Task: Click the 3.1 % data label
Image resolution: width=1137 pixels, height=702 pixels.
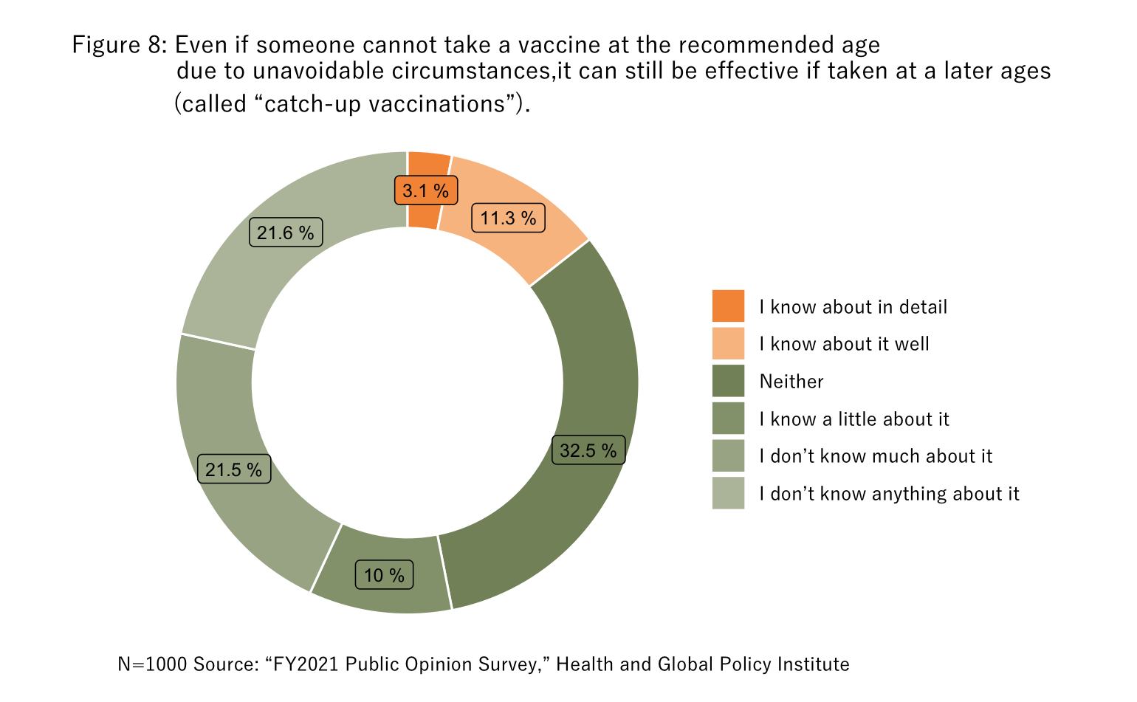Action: tap(426, 190)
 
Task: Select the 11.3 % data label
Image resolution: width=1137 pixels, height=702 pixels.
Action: tap(508, 218)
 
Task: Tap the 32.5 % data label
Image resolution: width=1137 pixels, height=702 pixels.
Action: tap(588, 450)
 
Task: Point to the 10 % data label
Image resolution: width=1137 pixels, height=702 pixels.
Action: tap(384, 575)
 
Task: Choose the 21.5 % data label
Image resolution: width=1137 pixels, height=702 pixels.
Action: tap(234, 469)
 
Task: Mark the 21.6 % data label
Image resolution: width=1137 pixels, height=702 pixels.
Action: tap(286, 233)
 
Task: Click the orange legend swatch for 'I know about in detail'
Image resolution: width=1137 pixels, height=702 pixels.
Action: tap(728, 306)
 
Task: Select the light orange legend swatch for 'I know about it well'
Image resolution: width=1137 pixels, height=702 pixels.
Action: tap(728, 344)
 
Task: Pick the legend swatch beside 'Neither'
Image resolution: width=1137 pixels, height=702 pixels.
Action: tap(728, 381)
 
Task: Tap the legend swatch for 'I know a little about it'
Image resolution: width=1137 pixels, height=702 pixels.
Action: tap(728, 419)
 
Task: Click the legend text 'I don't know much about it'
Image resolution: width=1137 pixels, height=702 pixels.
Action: tap(876, 456)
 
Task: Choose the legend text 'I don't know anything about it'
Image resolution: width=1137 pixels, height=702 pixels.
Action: tap(889, 494)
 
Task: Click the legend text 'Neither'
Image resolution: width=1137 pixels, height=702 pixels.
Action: tap(791, 382)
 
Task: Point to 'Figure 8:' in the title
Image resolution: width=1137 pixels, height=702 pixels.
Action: tap(120, 45)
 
